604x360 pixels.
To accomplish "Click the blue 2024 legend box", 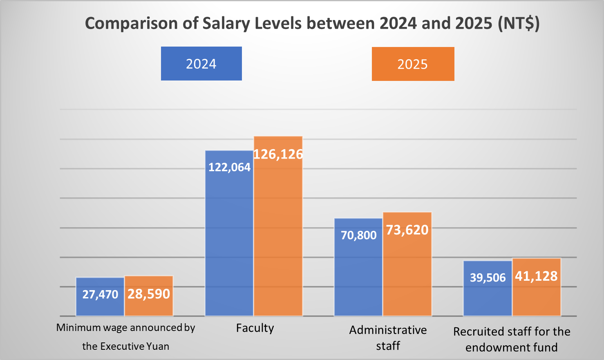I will (201, 64).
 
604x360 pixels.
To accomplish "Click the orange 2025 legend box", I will (413, 64).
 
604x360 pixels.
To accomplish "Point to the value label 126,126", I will (278, 154).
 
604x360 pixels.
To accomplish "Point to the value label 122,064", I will (229, 167).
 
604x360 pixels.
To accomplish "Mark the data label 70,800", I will (358, 235).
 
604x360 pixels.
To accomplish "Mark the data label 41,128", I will (536, 276).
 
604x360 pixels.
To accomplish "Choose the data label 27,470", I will (100, 294).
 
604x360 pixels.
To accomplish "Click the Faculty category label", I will (255, 328).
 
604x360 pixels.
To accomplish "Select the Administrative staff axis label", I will (388, 338).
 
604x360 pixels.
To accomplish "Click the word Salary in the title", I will (226, 23).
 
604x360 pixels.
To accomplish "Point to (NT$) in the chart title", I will (519, 23).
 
